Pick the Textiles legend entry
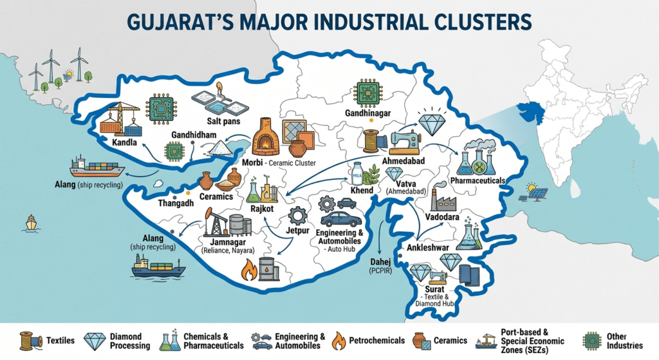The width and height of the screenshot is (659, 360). (51, 340)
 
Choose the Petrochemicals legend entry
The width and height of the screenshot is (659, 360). (368, 340)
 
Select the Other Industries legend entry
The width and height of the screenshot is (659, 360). (612, 340)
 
